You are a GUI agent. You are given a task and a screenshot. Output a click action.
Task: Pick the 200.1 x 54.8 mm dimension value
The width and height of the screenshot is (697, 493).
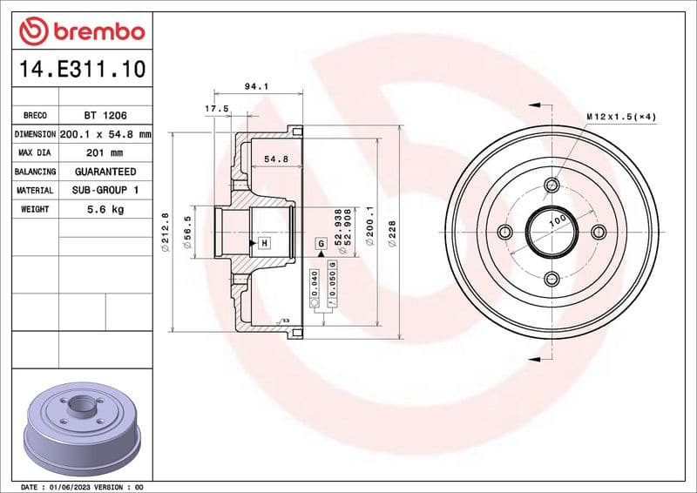[105, 135]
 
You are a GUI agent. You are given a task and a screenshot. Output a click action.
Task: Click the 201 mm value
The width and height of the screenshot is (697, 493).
[105, 153]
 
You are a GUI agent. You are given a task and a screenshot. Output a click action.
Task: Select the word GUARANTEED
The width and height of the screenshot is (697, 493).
[105, 172]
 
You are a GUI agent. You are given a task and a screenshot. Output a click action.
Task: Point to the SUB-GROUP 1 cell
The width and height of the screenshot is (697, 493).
[105, 190]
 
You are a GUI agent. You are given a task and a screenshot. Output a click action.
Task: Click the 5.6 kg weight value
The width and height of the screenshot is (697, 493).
[105, 209]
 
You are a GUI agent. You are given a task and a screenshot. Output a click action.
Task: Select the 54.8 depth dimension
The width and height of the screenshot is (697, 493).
[275, 159]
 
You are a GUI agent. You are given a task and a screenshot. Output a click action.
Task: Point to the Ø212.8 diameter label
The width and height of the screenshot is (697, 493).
[165, 232]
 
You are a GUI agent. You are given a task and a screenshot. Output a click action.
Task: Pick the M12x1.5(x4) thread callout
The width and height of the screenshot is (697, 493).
[620, 116]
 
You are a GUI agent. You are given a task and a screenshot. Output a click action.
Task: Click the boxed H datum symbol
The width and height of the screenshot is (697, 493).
[263, 242]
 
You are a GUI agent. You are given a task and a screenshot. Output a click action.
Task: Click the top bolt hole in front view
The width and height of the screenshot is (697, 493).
[552, 185]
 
